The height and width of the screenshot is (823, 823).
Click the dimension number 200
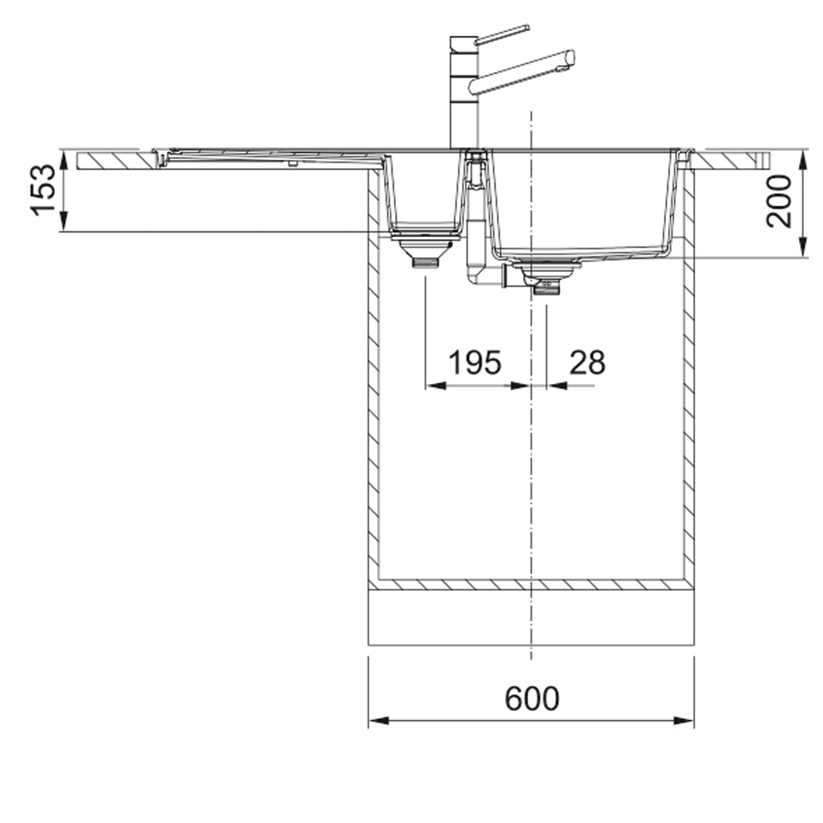779,202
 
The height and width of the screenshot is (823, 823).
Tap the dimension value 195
475,363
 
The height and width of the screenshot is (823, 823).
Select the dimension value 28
587,363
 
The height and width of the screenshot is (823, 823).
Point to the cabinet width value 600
532,699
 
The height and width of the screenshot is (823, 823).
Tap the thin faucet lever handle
502,35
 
